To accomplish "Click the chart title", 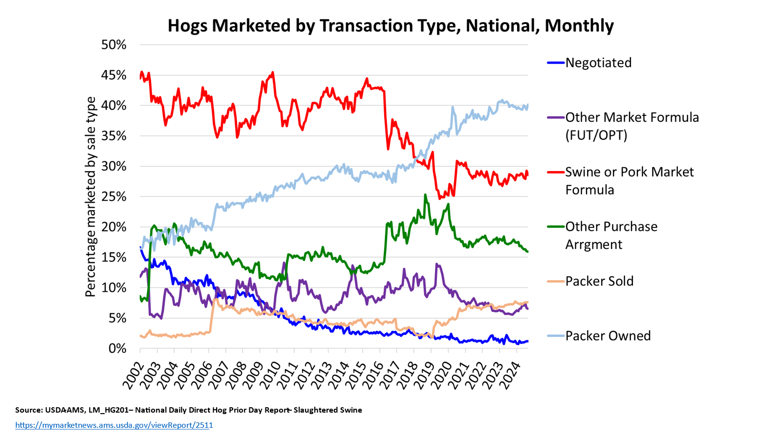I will tap(391, 25).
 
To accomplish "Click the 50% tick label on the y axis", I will tap(113, 45).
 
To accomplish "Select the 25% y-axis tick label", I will tap(113, 197).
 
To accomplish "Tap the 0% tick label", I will tap(117, 349).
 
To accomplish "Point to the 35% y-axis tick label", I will tap(113, 136).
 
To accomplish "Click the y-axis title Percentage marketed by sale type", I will tap(90, 197).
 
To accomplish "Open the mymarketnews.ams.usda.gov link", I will tap(114, 425).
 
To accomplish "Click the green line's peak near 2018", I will tap(425, 195).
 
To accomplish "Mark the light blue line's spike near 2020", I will tap(453, 107).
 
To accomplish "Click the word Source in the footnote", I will tap(28, 410).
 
